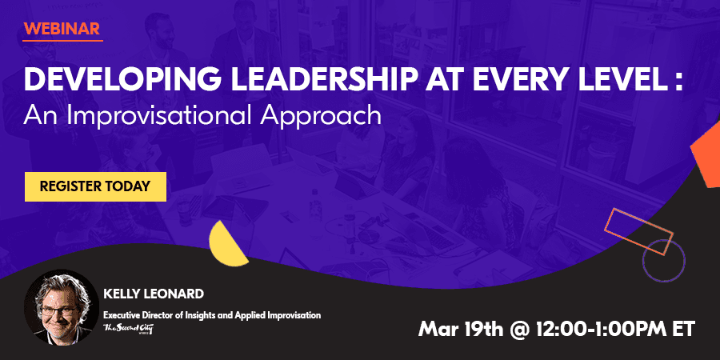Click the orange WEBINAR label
point(62,29)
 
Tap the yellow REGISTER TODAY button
point(95,186)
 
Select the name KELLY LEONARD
point(154,294)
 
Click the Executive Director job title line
point(212,315)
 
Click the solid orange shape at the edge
point(706,158)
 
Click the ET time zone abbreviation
point(683,329)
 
